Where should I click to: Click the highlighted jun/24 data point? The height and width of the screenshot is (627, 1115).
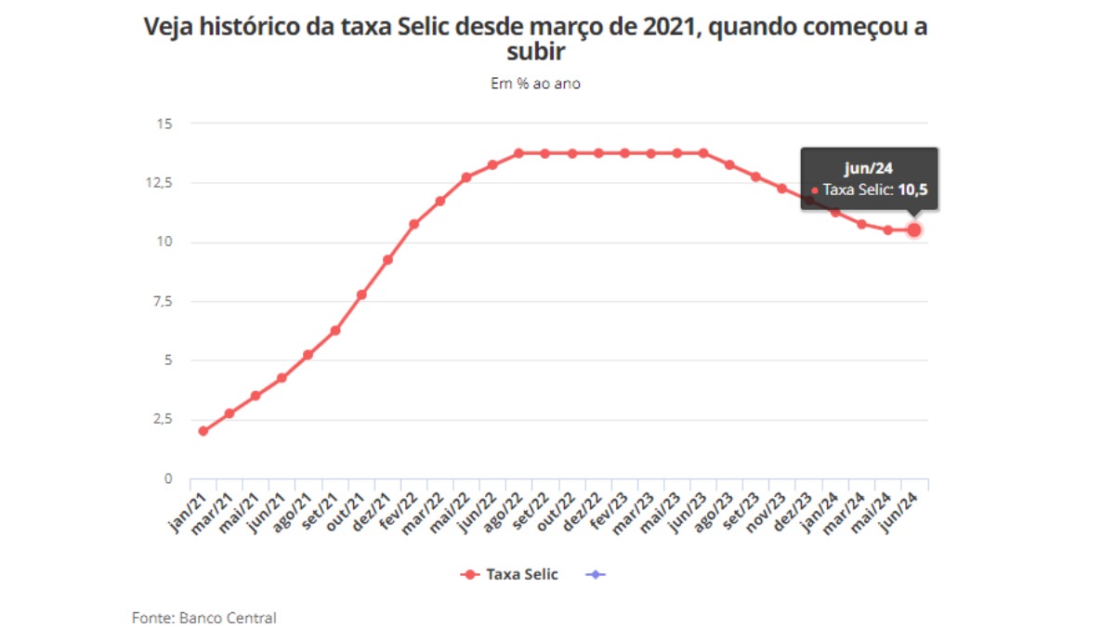pyautogui.click(x=914, y=229)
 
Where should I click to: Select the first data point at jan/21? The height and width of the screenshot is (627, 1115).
pyautogui.click(x=203, y=431)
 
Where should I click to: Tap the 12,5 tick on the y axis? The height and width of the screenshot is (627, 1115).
pyautogui.click(x=160, y=182)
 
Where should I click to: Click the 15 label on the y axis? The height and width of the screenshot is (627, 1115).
pyautogui.click(x=165, y=123)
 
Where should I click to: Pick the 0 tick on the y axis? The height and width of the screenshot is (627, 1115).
pyautogui.click(x=168, y=478)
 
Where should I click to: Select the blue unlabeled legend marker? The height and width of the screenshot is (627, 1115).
pyautogui.click(x=596, y=574)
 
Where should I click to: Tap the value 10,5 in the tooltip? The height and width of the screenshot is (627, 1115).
pyautogui.click(x=912, y=190)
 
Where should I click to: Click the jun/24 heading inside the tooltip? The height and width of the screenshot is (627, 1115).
pyautogui.click(x=869, y=168)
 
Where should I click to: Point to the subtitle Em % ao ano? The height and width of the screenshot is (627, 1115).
pyautogui.click(x=535, y=84)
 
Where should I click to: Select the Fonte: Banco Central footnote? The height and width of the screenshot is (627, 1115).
pyautogui.click(x=203, y=618)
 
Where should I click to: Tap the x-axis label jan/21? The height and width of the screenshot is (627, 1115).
pyautogui.click(x=182, y=509)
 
